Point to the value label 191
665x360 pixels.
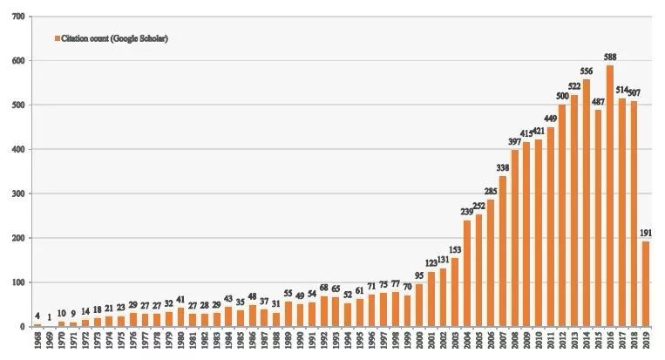point(646,234)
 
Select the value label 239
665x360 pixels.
point(467,213)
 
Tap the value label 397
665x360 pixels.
point(515,142)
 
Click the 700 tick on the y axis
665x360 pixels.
point(17,17)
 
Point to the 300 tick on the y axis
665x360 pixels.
point(17,194)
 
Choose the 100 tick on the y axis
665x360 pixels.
point(17,282)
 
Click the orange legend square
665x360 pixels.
point(58,38)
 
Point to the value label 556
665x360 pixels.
point(586,71)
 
